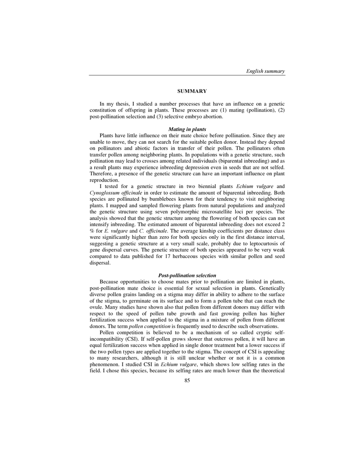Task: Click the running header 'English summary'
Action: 265,71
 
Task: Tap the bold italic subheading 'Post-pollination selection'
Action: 187,275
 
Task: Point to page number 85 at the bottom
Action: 187,380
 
